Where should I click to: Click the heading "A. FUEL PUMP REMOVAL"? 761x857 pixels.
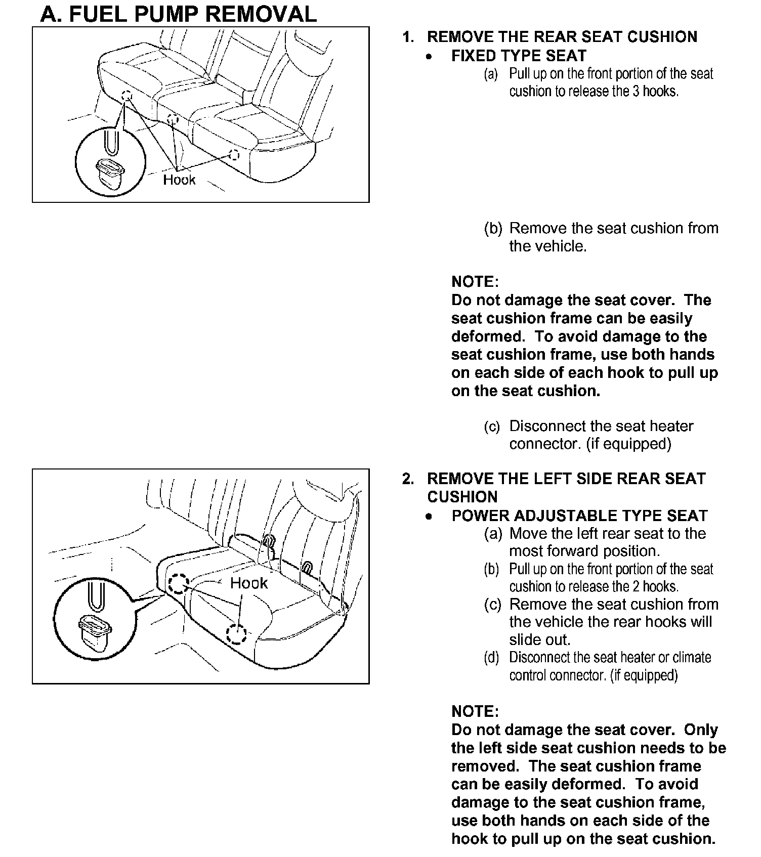coord(178,14)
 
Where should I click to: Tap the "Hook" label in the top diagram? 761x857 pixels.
coord(179,180)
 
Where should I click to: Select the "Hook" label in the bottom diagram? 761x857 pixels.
coord(248,583)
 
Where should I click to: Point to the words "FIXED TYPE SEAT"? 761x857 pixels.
coord(519,56)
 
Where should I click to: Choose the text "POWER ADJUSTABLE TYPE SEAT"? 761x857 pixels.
coord(579,516)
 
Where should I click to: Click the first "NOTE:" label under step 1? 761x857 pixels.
coord(475,282)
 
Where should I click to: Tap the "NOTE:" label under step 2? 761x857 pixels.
coord(475,711)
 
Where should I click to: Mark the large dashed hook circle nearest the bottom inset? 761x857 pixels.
coord(178,583)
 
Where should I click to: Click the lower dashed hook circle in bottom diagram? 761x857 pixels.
coord(236,634)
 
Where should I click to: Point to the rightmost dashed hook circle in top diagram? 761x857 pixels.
coord(234,155)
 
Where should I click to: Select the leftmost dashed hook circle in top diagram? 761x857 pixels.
coord(126,96)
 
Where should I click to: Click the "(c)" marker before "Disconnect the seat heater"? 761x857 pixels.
coord(491,426)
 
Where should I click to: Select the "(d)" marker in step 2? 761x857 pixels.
coord(491,658)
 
